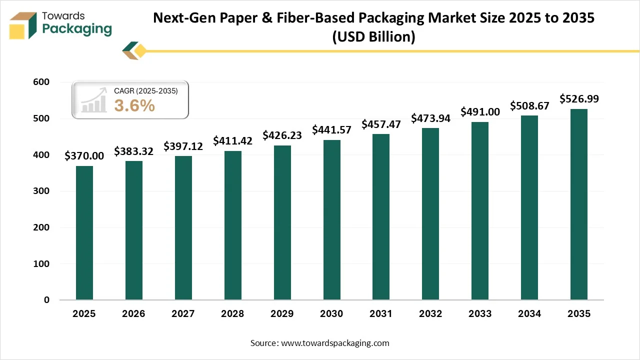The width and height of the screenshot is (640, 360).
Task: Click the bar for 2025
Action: pos(84,233)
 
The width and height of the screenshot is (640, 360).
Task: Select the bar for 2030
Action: pos(331,220)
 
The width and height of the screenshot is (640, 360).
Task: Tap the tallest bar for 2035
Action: pos(579,204)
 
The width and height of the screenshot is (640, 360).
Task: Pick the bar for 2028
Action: pos(232,225)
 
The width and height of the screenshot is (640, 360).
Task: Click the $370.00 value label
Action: pos(84,156)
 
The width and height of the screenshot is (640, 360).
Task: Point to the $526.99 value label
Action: pos(579,99)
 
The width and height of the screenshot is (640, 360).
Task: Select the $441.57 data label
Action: pos(331,130)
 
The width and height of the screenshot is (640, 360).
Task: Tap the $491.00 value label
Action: pos(480,112)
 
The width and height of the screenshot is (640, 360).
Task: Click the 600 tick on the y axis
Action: pos(41,82)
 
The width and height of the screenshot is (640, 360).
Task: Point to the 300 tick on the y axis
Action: pos(41,191)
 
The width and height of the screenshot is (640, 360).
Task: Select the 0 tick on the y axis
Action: pos(46,300)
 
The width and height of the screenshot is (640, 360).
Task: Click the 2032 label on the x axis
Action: pos(430,314)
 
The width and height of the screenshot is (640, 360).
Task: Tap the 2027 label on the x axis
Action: pos(183,314)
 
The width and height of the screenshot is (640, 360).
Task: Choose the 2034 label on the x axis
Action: pos(529,314)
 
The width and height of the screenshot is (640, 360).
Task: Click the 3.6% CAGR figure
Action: pos(134,105)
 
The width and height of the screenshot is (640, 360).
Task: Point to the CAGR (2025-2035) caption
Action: pos(145,90)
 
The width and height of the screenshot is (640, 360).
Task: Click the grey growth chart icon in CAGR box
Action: pos(94,100)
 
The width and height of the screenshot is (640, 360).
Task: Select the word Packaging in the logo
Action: pos(77,29)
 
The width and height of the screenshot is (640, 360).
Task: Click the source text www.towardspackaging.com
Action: pos(335,343)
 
